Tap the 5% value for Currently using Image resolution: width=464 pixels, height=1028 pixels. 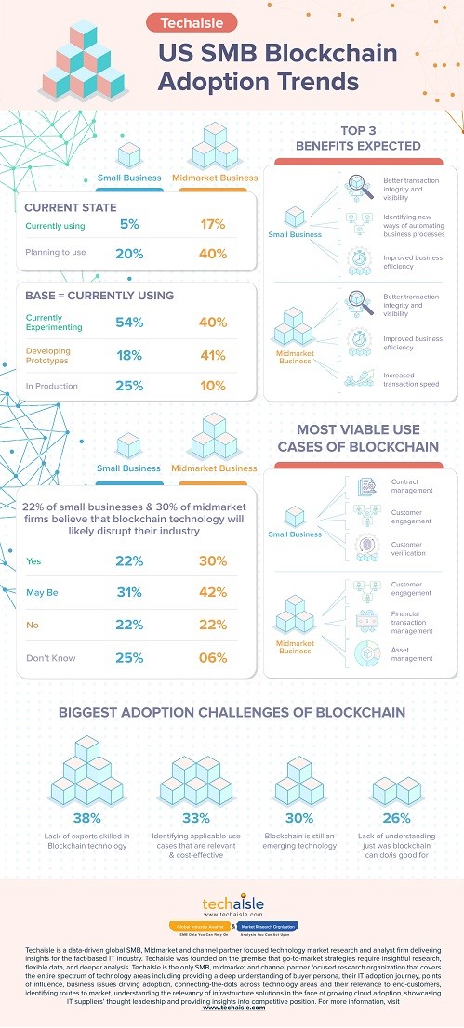coord(130,224)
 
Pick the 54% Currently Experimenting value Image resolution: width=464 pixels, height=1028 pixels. coord(130,322)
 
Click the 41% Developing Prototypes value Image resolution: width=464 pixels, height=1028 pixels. coord(213,354)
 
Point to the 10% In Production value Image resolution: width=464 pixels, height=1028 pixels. coord(213,385)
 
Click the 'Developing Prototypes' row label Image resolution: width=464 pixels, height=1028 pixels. coord(47,354)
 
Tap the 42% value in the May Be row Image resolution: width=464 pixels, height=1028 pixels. coord(213,593)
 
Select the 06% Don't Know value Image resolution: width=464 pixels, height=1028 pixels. coord(213,658)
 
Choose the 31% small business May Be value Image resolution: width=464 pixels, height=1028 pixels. coord(130,593)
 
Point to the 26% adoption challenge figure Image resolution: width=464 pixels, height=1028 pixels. coord(395,819)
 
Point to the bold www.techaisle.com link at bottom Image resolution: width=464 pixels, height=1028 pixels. coord(232,1007)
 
